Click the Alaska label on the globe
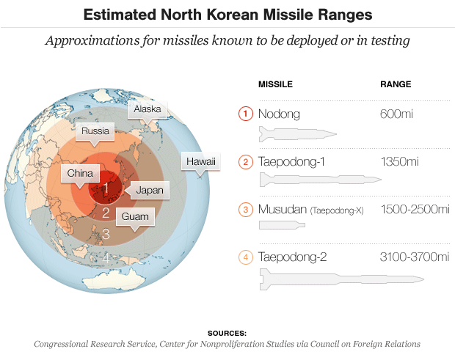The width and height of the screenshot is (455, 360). (147, 110)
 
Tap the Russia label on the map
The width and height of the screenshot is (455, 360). (96, 132)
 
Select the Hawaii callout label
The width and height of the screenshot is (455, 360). (200, 161)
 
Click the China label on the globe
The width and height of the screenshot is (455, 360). (79, 174)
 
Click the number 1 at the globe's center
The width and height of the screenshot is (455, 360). (106, 188)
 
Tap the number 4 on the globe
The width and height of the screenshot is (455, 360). (106, 257)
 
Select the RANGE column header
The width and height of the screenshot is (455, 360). (395, 84)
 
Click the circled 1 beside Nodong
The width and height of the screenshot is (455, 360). (246, 114)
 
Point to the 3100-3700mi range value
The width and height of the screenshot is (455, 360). (415, 257)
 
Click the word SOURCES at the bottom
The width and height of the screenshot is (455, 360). (227, 333)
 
